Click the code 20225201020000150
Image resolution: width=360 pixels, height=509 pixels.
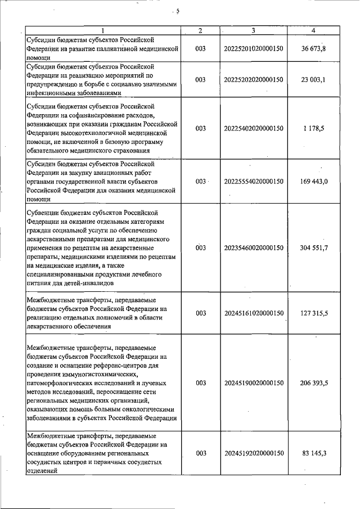pos(254,48)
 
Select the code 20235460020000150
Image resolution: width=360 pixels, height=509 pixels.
pos(254,247)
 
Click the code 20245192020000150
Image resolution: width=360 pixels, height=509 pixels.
pos(254,453)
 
